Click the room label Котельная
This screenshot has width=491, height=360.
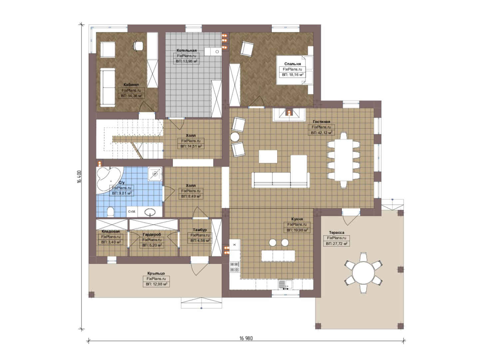click(187, 50)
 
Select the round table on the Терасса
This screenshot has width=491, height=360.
click(363, 273)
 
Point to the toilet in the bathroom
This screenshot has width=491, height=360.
click(111, 212)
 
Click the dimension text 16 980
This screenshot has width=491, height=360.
click(246, 338)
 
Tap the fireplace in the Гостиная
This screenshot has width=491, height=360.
click(289, 115)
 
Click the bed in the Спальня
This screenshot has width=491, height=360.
click(294, 70)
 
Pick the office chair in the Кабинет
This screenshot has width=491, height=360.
click(138, 46)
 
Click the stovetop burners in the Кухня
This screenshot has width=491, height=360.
click(235, 267)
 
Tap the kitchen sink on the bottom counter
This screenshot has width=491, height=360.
click(285, 285)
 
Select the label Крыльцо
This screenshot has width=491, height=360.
click(156, 273)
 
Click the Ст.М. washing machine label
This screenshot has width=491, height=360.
click(132, 211)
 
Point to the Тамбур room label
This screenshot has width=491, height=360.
click(200, 230)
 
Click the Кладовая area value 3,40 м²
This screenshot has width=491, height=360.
click(111, 242)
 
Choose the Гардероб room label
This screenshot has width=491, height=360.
click(152, 235)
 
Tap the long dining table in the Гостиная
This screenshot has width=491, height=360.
click(343, 160)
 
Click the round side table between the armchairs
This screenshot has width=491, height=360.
click(235, 137)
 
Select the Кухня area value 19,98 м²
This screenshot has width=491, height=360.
click(297, 230)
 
